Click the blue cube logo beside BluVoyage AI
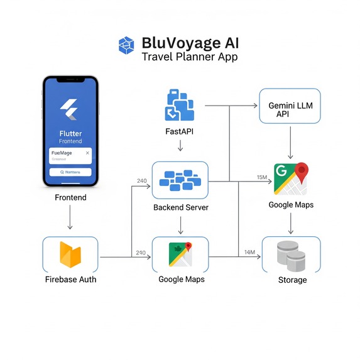(127, 45)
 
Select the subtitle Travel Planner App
(189, 57)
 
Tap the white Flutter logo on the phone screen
(70, 111)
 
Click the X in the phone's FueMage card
(87, 153)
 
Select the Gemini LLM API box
(290, 106)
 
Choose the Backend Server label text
(180, 207)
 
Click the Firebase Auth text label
(70, 279)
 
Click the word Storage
(292, 280)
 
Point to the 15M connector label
(263, 178)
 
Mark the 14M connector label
(249, 253)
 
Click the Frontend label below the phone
(70, 197)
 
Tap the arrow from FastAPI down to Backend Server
(180, 146)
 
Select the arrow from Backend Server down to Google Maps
(180, 224)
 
